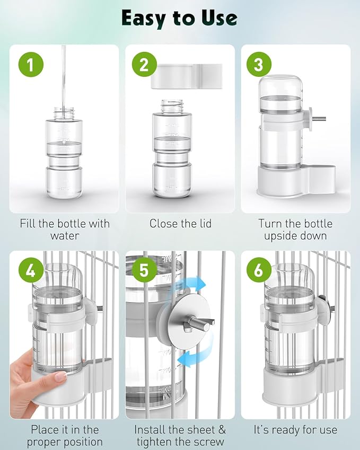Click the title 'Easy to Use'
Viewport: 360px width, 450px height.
point(179,18)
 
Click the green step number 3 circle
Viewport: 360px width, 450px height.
point(259,65)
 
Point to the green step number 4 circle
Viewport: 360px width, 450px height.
point(31,271)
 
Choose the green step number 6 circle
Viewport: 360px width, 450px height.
point(258,271)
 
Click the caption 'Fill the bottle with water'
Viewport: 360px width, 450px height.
point(64,230)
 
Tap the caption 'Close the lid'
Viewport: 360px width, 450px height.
point(180,224)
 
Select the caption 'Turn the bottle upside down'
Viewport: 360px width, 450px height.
point(295,230)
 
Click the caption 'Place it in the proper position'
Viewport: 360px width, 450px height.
point(64,435)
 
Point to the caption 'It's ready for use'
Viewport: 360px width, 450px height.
point(295,429)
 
